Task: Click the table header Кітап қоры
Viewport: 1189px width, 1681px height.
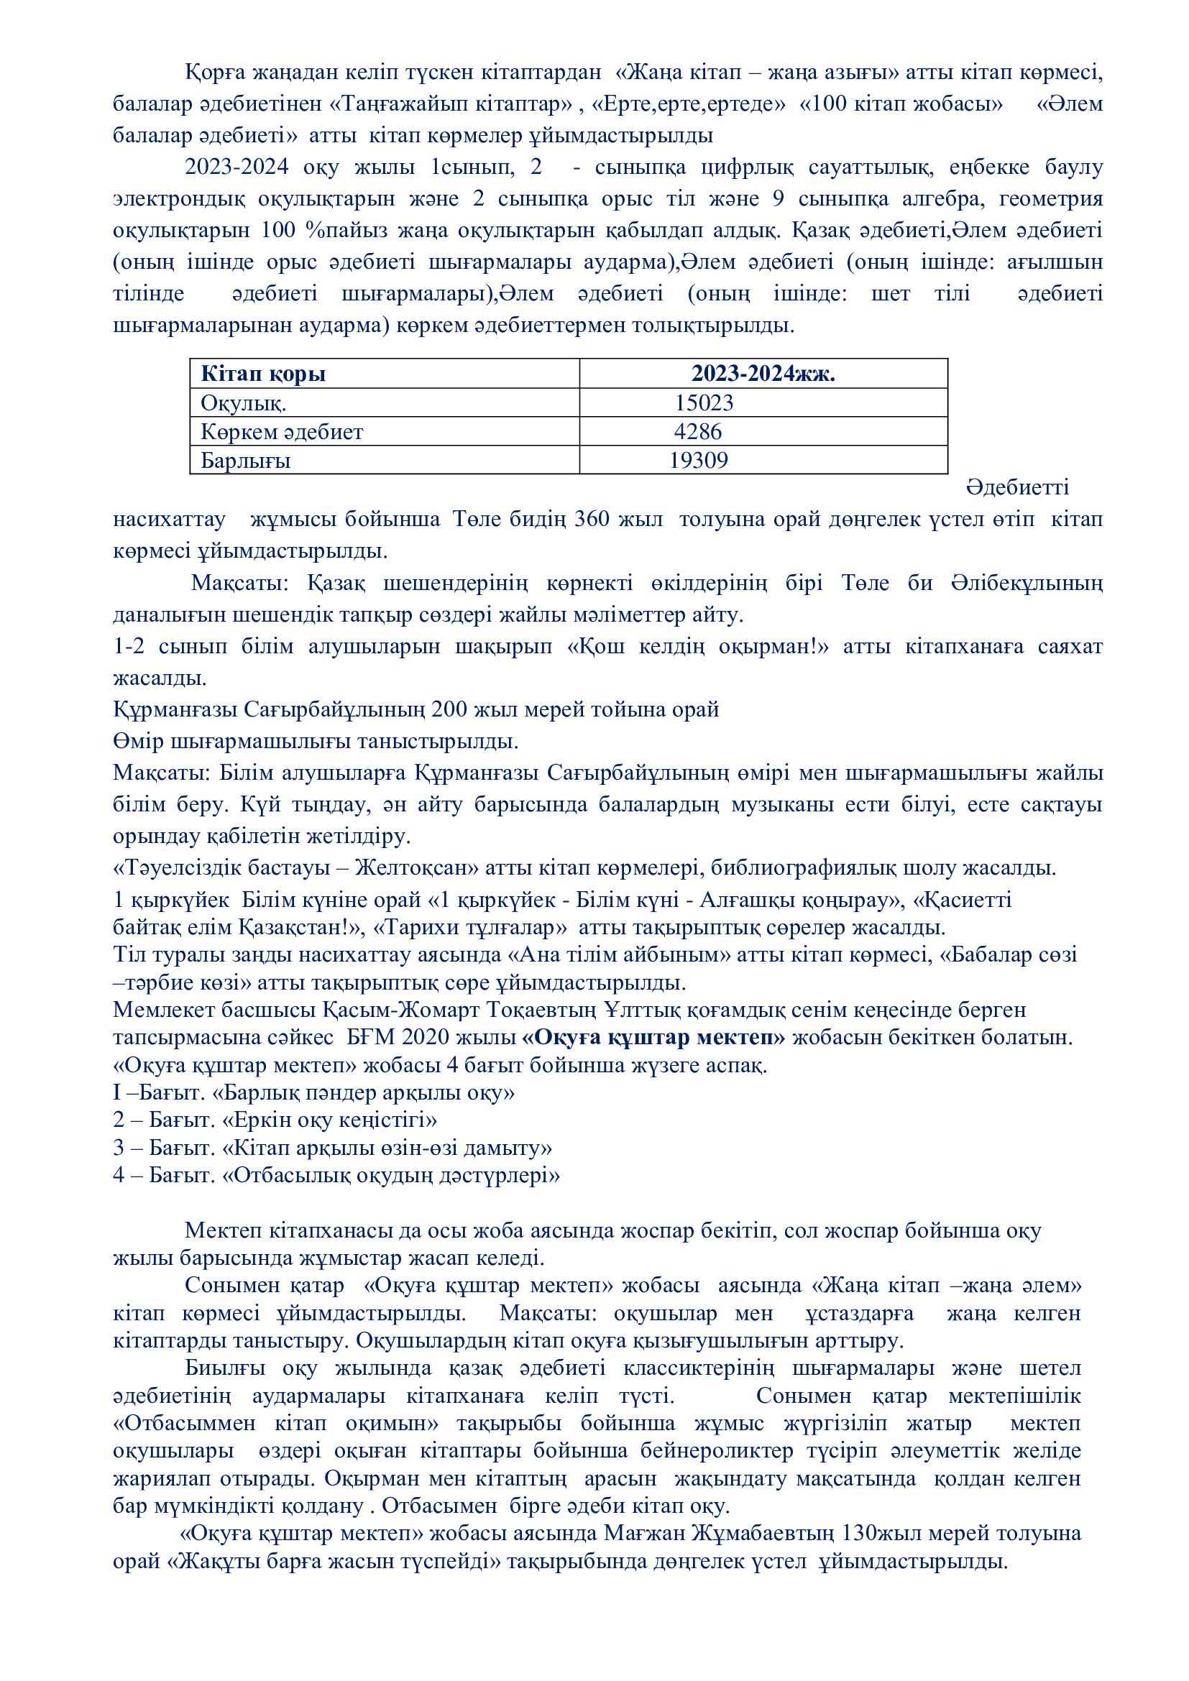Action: [263, 374]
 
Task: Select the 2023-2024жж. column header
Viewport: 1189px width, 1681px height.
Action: [763, 374]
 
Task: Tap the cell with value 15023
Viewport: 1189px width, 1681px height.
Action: [704, 402]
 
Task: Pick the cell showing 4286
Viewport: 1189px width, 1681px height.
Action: [698, 431]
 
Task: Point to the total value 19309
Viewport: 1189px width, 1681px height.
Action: [699, 460]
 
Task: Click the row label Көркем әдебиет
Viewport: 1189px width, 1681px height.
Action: [282, 431]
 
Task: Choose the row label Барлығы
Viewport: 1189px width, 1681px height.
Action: [245, 461]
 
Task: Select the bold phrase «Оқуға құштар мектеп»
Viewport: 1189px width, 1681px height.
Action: [653, 1038]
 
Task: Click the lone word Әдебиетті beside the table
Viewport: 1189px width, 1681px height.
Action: [1018, 487]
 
